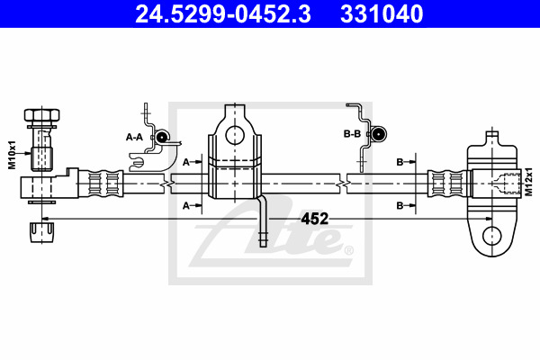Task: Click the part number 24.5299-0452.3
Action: (x=223, y=13)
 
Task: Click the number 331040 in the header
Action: (x=382, y=13)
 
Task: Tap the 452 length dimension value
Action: (x=315, y=219)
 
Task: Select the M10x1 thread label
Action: (x=13, y=155)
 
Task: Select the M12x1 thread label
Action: (x=528, y=182)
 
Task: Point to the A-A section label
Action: (x=134, y=137)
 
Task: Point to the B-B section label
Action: (x=352, y=134)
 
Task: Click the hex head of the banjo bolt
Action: (x=41, y=114)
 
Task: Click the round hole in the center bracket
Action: (x=235, y=135)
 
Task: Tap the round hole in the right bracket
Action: (x=492, y=236)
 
